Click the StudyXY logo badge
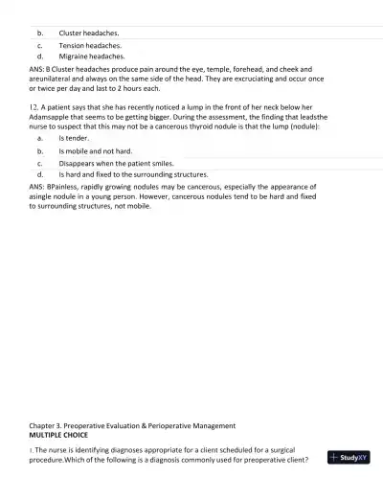tap(347, 458)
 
